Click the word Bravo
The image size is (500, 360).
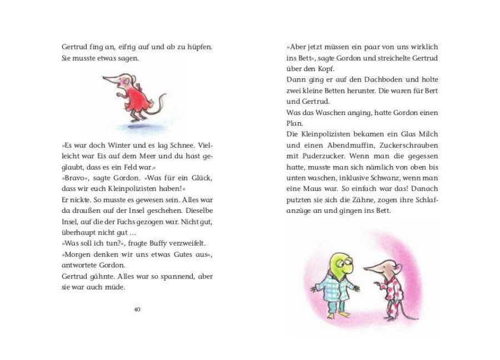click(76, 178)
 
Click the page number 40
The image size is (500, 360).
click(137, 309)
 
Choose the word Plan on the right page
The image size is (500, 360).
click(295, 123)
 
